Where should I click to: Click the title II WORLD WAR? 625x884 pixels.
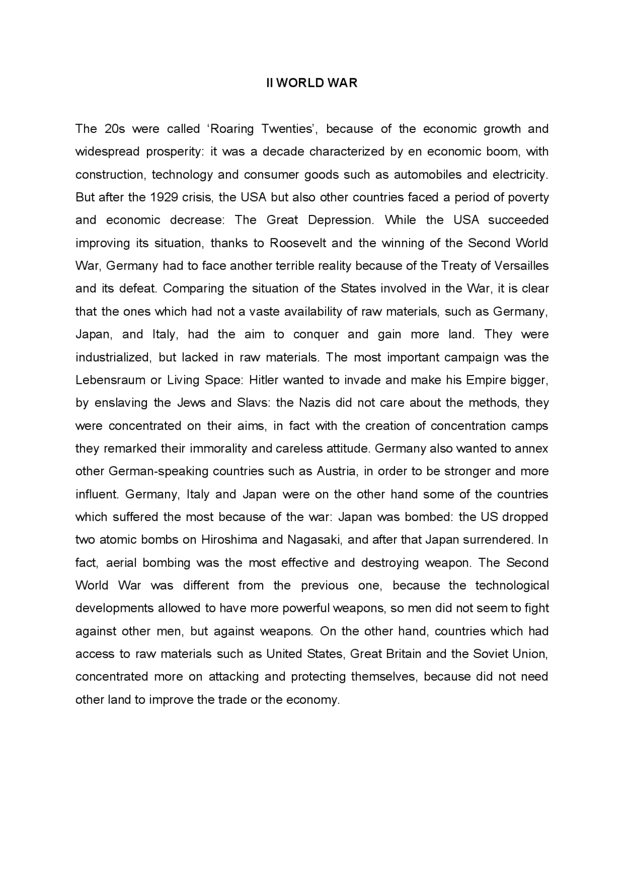(x=312, y=83)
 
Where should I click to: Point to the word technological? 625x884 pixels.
(x=512, y=586)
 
